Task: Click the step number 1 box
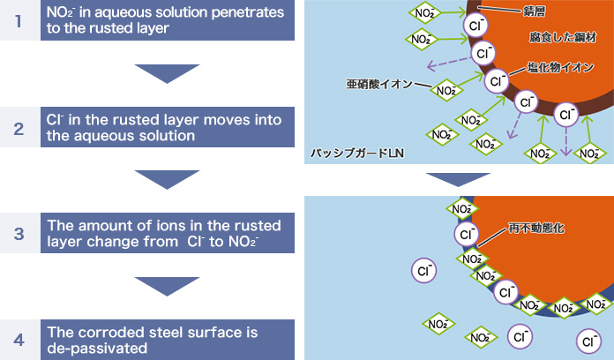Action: [19, 20]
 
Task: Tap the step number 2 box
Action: [19, 127]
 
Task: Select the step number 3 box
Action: [19, 233]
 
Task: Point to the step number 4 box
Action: [19, 340]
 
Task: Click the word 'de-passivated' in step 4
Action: [97, 349]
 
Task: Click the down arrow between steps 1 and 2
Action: [168, 73]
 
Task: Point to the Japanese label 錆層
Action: [534, 11]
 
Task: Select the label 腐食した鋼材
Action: [563, 37]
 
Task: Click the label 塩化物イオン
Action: [560, 67]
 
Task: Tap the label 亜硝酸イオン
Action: [379, 84]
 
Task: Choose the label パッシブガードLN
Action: [357, 153]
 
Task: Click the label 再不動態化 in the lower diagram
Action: [536, 228]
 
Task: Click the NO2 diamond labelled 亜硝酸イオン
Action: [446, 91]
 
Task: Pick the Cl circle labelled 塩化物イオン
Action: [496, 81]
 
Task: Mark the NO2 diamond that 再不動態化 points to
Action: [472, 259]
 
